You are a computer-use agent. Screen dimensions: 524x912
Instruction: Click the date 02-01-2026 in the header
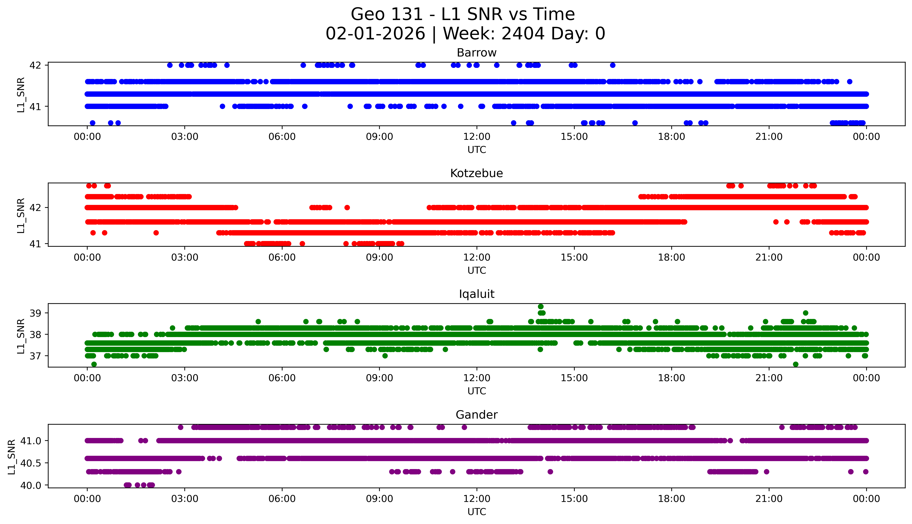point(375,34)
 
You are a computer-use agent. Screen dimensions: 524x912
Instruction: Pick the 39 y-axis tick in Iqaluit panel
point(35,313)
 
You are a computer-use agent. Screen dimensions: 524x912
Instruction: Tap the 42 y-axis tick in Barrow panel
point(35,65)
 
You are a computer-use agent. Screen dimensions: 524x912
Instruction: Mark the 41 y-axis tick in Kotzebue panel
point(35,244)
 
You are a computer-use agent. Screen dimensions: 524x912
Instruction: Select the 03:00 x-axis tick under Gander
point(185,499)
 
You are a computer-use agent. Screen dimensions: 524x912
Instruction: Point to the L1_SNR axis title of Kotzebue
point(21,215)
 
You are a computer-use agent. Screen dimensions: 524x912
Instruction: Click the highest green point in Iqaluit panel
point(540,307)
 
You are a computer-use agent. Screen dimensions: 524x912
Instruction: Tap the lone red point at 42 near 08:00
point(347,208)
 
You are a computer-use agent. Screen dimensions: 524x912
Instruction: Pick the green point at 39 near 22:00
point(805,313)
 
